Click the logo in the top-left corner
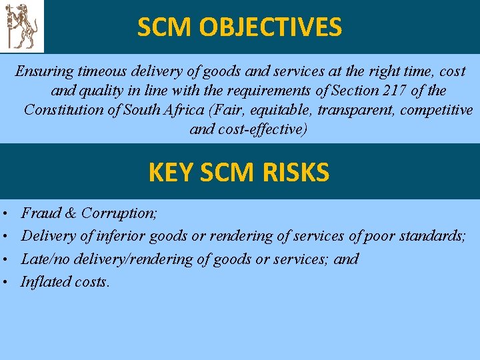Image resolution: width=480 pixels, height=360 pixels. point(22,26)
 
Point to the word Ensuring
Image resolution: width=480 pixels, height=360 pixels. point(43,71)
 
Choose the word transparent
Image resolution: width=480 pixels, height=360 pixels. point(360,109)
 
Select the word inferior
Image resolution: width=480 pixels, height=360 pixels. point(123,236)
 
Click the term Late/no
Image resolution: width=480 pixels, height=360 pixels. point(45,259)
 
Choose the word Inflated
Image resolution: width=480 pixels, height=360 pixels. point(45,282)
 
